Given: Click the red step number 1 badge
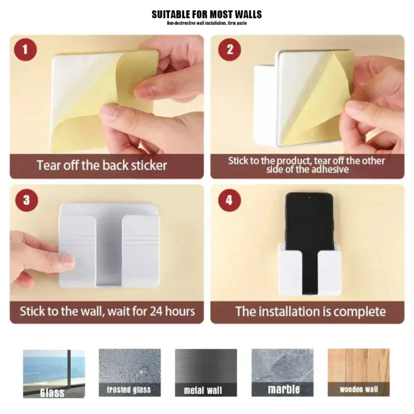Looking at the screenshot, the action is pyautogui.click(x=25, y=50).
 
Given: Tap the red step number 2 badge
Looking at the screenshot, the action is pyautogui.click(x=230, y=50).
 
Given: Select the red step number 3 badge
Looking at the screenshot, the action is pyautogui.click(x=26, y=200).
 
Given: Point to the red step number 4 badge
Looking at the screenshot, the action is pyautogui.click(x=230, y=200).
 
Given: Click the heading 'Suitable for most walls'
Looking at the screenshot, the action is pyautogui.click(x=207, y=14).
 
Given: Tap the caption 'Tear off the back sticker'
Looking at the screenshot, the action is pyautogui.click(x=102, y=165).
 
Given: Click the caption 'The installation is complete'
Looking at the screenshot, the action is pyautogui.click(x=310, y=312).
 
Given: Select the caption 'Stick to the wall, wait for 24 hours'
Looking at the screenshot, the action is pyautogui.click(x=107, y=311).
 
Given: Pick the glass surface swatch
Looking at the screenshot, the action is pyautogui.click(x=54, y=374).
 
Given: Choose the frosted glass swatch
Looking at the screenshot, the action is pyautogui.click(x=130, y=373).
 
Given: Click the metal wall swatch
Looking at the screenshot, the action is pyautogui.click(x=206, y=373).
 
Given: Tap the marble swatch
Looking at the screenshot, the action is pyautogui.click(x=282, y=373).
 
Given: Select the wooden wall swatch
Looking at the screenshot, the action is pyautogui.click(x=359, y=373).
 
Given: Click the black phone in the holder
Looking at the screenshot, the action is pyautogui.click(x=309, y=237).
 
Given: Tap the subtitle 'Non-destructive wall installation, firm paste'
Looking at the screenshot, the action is pyautogui.click(x=207, y=23).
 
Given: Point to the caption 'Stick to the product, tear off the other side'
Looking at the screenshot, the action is pyautogui.click(x=306, y=165).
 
